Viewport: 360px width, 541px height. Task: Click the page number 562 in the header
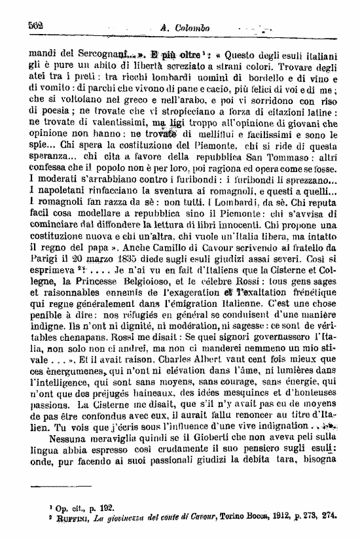coord(35,26)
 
